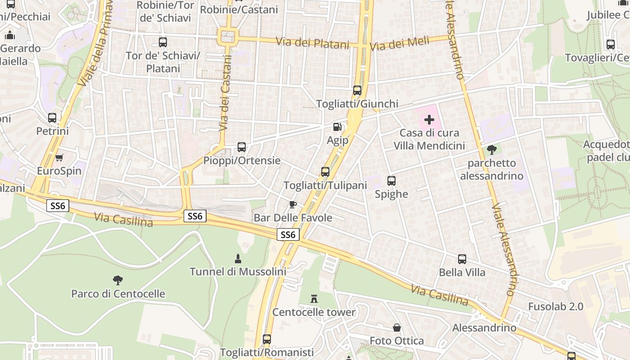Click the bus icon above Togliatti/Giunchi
[357, 90]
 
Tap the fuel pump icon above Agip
[337, 127]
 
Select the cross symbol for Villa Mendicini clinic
[429, 120]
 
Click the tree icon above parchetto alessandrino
[492, 149]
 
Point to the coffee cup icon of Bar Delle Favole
[292, 205]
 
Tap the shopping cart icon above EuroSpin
[59, 157]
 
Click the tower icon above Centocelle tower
[314, 298]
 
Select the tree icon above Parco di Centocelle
[118, 280]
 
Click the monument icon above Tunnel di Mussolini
[238, 258]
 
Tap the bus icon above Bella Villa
[462, 259]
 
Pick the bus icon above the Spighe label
[391, 181]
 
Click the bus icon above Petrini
[52, 118]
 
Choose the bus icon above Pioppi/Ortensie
[242, 147]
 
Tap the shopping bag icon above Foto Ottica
[397, 328]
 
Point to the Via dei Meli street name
[399, 44]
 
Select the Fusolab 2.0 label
[555, 306]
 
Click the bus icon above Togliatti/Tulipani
[325, 171]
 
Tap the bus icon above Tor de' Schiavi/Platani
[163, 42]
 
